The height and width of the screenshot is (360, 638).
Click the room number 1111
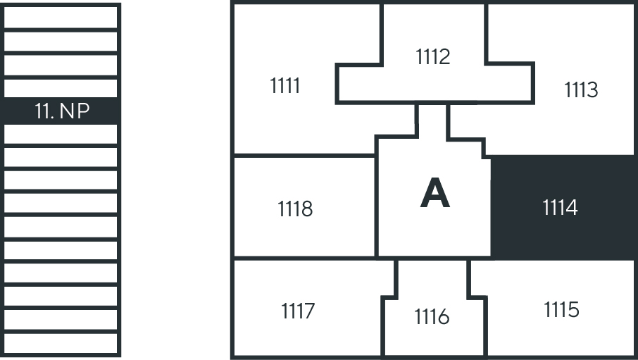(x=284, y=86)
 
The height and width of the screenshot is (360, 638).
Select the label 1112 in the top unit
(x=433, y=56)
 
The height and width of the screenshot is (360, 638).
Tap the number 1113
(x=581, y=90)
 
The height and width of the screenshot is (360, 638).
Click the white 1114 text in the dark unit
(x=561, y=208)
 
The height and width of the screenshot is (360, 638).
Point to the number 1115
(x=561, y=309)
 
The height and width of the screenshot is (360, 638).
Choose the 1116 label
(x=432, y=317)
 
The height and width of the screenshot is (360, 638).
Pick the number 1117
(x=298, y=311)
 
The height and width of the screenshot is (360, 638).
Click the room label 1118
(x=295, y=209)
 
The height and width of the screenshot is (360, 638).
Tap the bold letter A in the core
(x=434, y=193)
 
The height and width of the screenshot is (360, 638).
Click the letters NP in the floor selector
(x=75, y=111)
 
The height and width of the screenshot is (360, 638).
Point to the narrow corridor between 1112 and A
(x=432, y=120)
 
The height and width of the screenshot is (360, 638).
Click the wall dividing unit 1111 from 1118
(x=303, y=155)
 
